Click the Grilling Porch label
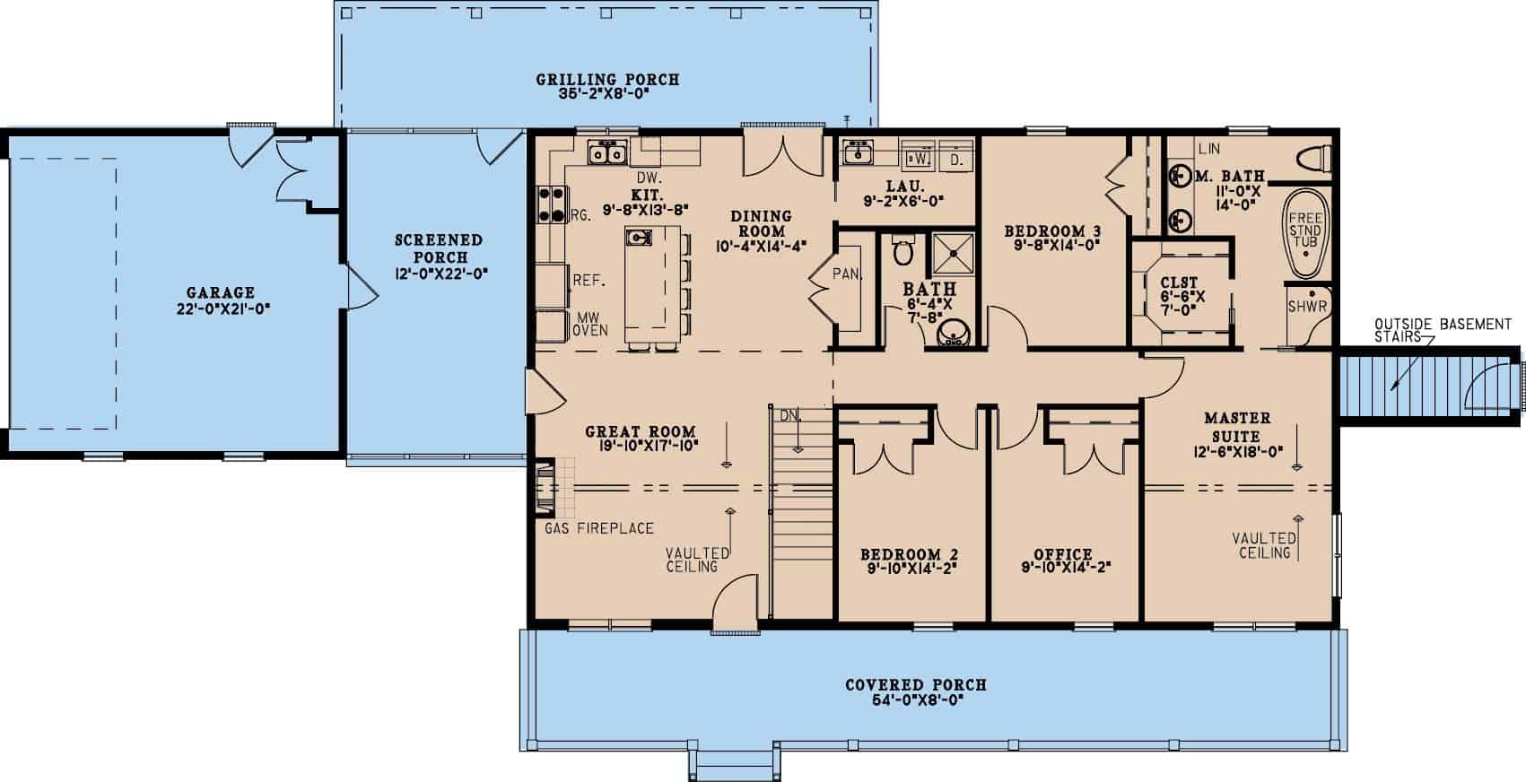coord(607,80)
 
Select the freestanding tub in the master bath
coord(1305,233)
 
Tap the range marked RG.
coord(551,204)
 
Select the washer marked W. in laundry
coord(918,157)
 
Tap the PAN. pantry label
coord(847,274)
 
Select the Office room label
coord(1062,554)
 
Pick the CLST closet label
coord(1179,282)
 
